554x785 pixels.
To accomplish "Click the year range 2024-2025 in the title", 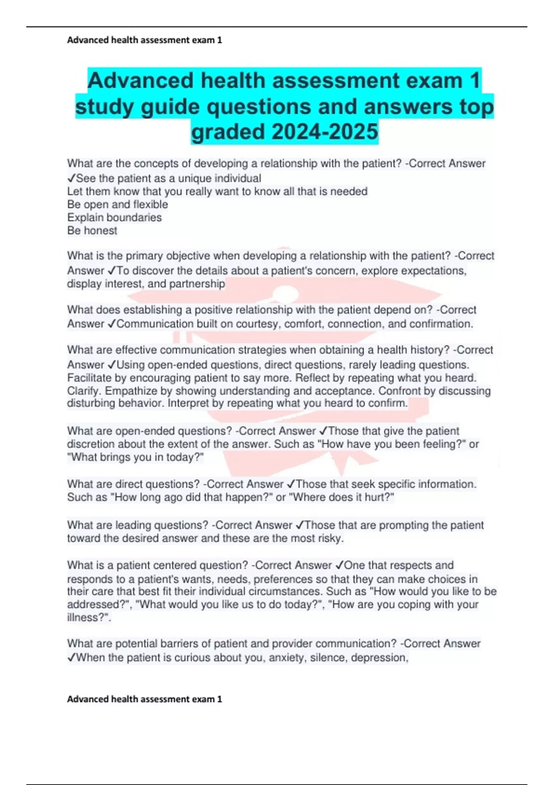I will click(325, 132).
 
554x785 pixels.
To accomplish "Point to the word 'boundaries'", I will click(134, 217).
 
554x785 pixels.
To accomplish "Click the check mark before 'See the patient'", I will click(72, 178).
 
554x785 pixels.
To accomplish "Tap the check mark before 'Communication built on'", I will click(111, 324).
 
